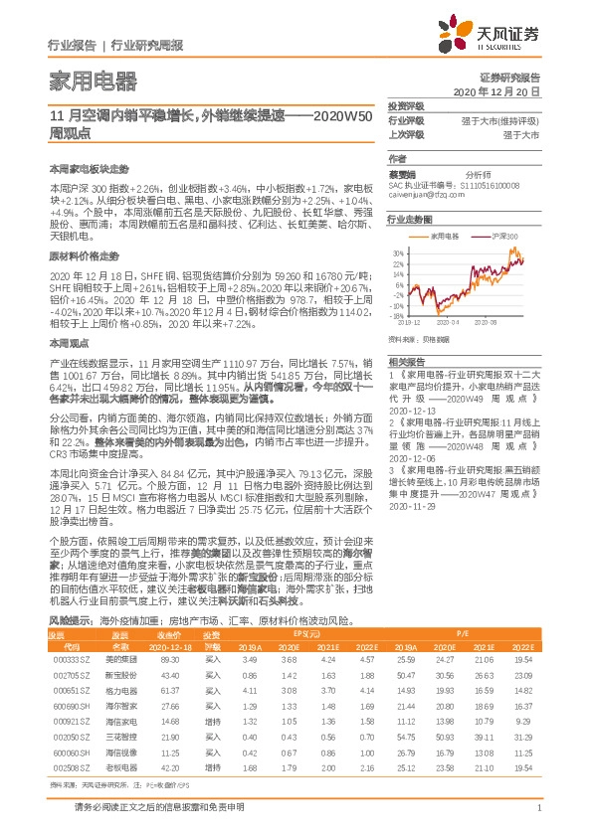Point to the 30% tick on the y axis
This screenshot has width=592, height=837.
pyautogui.click(x=396, y=252)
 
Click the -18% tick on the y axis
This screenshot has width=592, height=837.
pyautogui.click(x=396, y=315)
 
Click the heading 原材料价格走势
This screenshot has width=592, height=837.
pyautogui.click(x=78, y=255)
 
